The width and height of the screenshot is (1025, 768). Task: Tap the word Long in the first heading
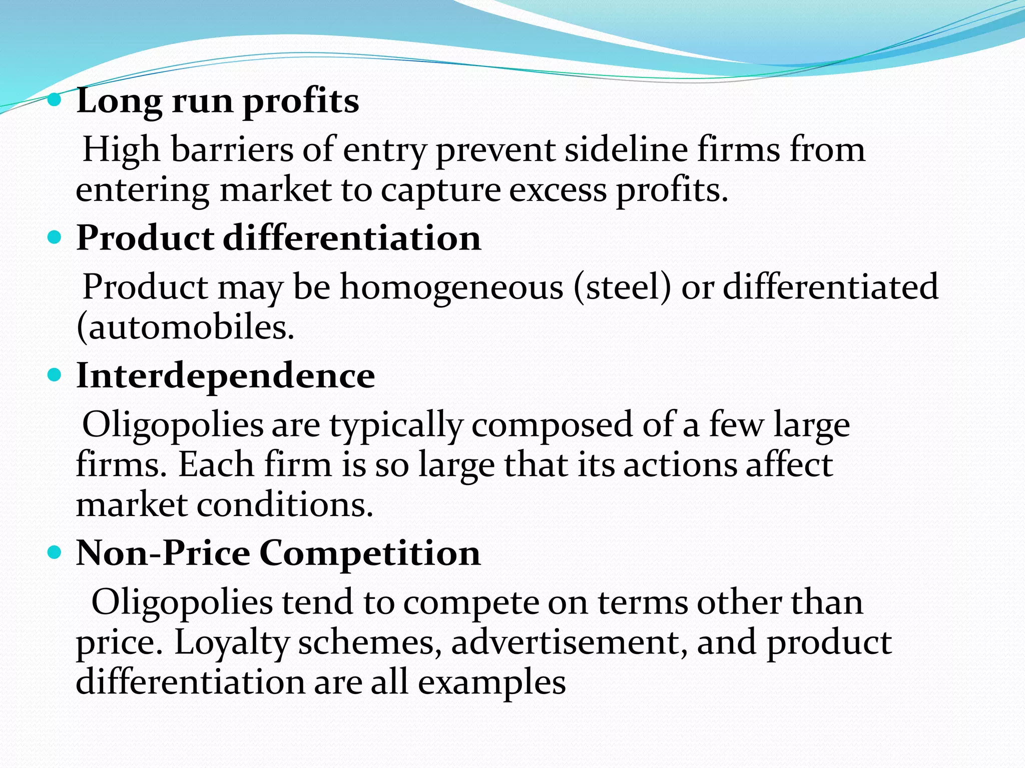click(x=119, y=101)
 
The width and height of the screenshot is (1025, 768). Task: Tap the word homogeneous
click(x=452, y=288)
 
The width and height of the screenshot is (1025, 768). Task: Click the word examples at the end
click(x=491, y=683)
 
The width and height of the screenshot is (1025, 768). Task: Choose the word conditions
click(x=285, y=505)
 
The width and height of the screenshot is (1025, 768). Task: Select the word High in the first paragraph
click(x=121, y=149)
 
